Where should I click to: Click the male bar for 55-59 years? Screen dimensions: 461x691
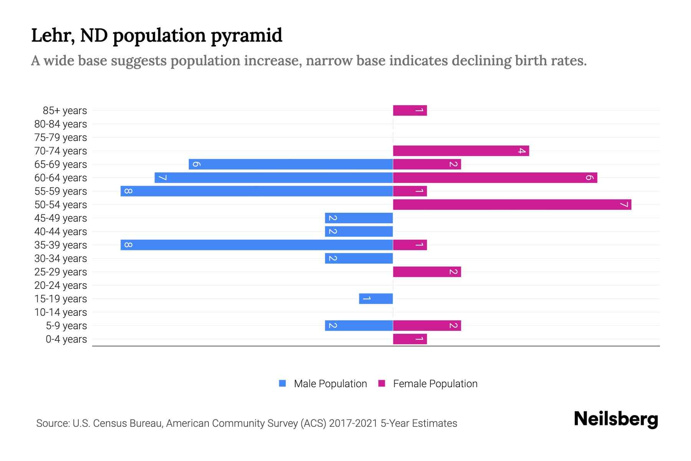click(256, 191)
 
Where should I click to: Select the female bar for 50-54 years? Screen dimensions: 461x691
click(512, 204)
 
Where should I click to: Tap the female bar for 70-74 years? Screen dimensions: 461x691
click(461, 151)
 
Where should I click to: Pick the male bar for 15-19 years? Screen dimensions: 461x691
click(376, 298)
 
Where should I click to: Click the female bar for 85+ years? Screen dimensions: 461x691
click(410, 110)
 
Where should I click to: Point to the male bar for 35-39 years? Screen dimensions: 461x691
click(256, 245)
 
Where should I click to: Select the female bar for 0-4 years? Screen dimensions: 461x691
click(410, 339)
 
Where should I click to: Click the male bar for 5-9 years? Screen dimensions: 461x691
click(359, 325)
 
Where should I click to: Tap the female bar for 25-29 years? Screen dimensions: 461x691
click(427, 272)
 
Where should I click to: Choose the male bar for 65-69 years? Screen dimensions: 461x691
click(291, 164)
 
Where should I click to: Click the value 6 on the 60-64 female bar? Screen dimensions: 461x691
click(590, 177)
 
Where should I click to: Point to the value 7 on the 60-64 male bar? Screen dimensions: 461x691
click(162, 177)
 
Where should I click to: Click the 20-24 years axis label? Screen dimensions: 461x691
click(61, 285)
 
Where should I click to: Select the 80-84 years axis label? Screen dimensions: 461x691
click(61, 124)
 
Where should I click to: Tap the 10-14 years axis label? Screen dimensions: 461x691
click(61, 312)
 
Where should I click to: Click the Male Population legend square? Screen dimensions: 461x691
click(283, 383)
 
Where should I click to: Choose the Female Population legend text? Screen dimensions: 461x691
click(435, 383)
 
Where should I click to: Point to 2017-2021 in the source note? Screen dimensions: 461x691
click(353, 423)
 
